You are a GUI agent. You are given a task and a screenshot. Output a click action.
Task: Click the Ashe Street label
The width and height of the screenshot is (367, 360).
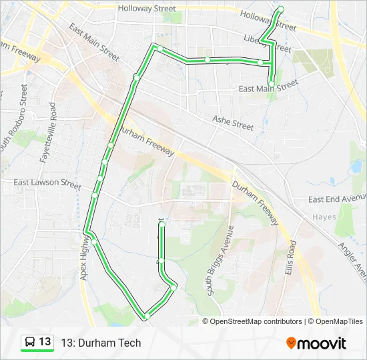(x=233, y=122)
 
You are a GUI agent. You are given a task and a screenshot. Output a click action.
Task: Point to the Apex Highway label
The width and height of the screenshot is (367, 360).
(x=85, y=257)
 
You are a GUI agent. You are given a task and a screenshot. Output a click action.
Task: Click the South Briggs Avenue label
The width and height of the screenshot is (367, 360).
(x=219, y=261)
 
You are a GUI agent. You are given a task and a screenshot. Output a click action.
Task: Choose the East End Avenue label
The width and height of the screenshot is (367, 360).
(x=337, y=199)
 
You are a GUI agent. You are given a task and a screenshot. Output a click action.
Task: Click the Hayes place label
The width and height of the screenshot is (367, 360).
(x=324, y=217)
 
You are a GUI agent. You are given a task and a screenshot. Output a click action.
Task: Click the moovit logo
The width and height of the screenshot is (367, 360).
(x=316, y=343)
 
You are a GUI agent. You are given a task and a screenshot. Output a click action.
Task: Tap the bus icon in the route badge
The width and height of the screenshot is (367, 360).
(x=30, y=342)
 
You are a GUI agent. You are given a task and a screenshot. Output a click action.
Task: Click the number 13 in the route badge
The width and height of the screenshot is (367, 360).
(x=45, y=342)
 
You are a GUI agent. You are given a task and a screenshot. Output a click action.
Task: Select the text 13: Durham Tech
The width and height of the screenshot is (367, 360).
(x=101, y=343)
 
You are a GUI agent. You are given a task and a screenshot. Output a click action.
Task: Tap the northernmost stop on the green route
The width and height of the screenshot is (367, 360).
(x=281, y=9)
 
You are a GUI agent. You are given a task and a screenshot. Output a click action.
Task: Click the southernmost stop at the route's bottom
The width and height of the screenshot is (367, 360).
(x=146, y=315)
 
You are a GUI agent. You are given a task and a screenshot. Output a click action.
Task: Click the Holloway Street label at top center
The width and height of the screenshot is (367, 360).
(x=146, y=9)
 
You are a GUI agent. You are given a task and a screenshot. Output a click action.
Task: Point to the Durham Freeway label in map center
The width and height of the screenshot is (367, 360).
(x=148, y=142)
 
